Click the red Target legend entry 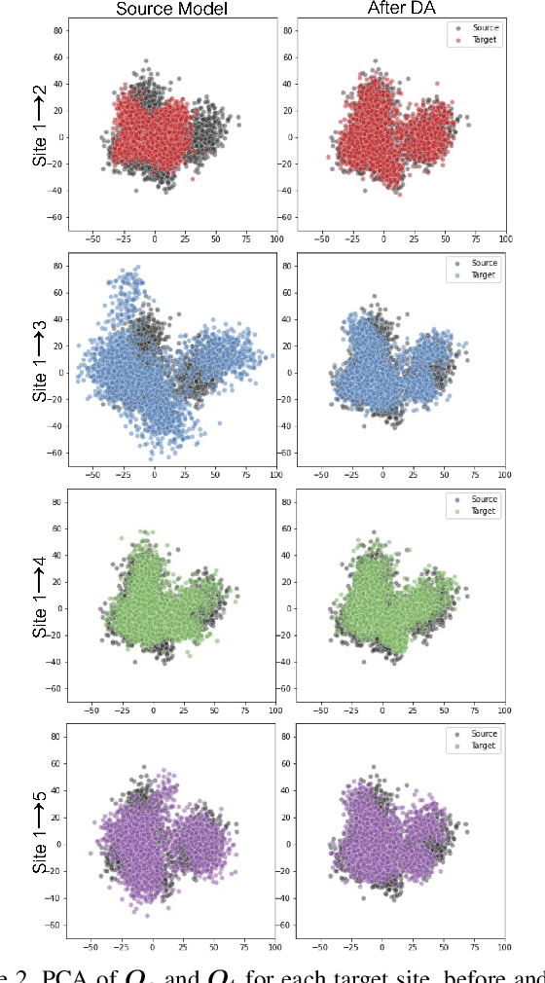pyautogui.click(x=484, y=42)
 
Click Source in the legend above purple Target pyautogui.click(x=484, y=734)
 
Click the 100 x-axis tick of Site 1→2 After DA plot pyautogui.click(x=504, y=237)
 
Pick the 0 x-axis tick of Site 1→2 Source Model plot pyautogui.click(x=154, y=237)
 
